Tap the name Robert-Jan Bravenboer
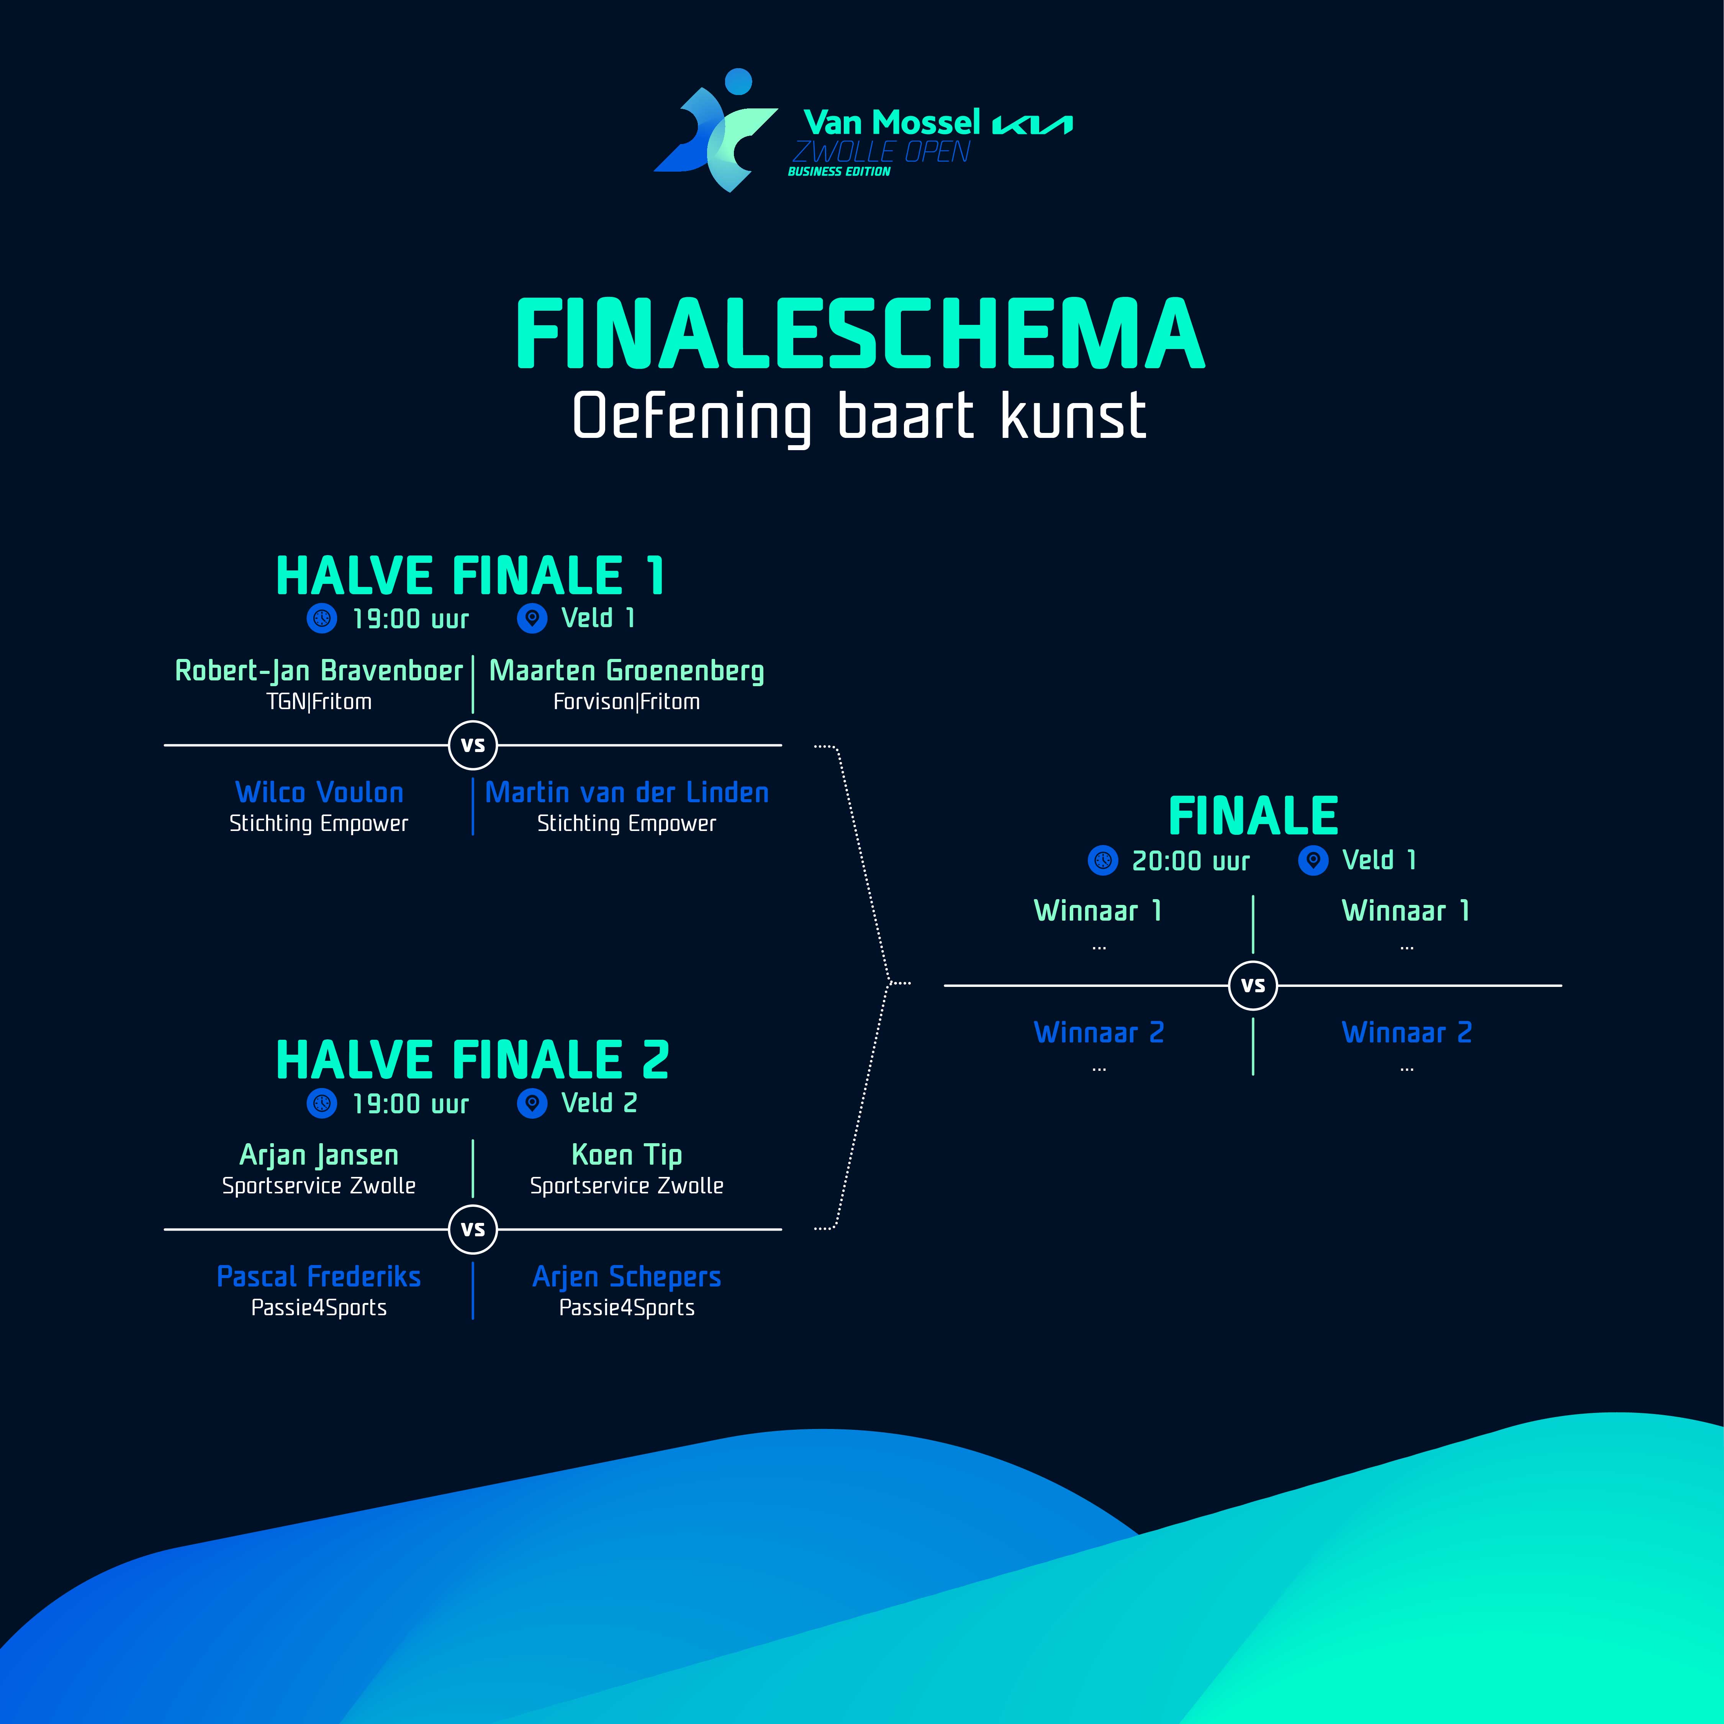[319, 671]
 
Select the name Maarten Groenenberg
[626, 671]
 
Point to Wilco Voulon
[319, 792]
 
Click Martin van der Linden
[626, 792]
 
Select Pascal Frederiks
[319, 1277]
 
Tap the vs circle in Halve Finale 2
[473, 1230]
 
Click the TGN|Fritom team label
[319, 702]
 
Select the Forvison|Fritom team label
[626, 702]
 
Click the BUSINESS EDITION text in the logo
[839, 171]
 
